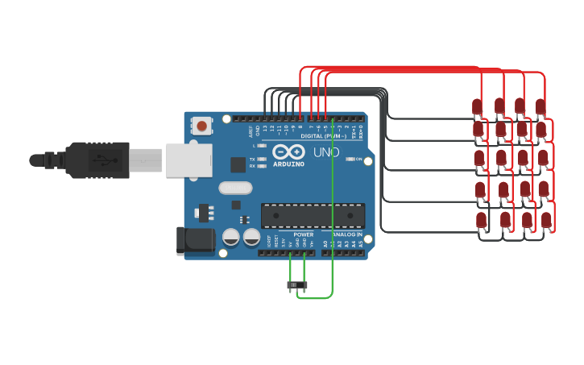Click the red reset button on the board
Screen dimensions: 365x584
201,126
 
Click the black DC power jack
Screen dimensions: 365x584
195,240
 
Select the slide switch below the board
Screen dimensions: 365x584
297,285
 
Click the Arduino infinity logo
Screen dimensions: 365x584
288,152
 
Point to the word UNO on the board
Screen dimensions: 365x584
326,152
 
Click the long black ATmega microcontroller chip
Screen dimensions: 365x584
313,215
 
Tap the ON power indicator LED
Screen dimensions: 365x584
350,160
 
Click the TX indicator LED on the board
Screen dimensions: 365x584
263,160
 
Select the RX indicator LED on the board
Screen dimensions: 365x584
263,166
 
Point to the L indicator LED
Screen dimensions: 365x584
263,146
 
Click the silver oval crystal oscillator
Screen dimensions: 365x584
234,189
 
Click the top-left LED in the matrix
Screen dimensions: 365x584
477,106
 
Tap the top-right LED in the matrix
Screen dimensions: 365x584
540,106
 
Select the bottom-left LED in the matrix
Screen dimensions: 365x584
482,219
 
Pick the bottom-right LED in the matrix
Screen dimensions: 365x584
546,219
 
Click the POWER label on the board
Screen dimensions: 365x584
303,234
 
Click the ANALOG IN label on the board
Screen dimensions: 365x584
347,234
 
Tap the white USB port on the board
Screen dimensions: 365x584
187,160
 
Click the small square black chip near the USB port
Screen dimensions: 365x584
238,164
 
